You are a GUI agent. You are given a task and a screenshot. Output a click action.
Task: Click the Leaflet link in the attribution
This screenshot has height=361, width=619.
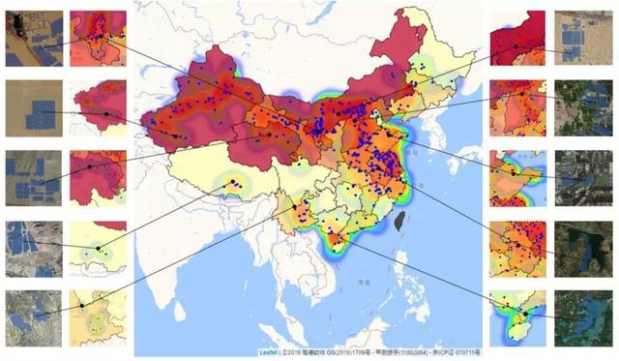[267, 352]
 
